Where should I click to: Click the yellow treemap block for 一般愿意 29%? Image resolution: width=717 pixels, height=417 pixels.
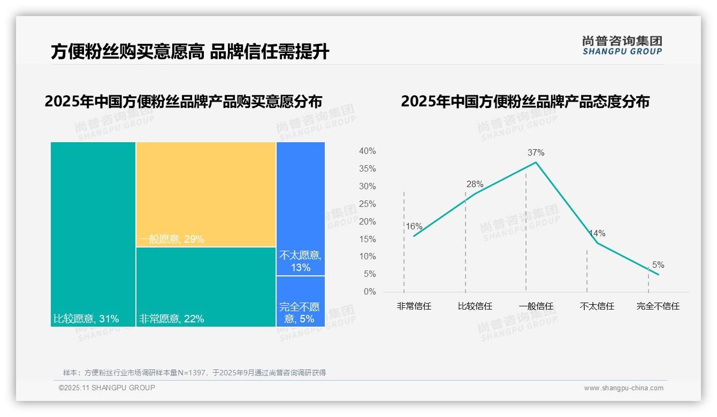[205, 194]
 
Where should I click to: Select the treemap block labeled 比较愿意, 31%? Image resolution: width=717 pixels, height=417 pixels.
[93, 234]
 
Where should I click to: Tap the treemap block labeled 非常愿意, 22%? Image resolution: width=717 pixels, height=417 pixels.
[205, 287]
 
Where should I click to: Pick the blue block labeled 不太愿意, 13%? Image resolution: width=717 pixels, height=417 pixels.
[301, 208]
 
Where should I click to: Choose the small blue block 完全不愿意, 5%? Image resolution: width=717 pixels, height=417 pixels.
[301, 302]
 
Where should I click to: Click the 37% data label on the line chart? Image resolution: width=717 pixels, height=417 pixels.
[536, 152]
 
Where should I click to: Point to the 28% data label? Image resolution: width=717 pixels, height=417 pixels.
[475, 184]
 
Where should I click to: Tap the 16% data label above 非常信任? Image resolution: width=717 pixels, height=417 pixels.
[414, 226]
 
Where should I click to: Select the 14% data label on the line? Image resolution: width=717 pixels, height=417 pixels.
[597, 234]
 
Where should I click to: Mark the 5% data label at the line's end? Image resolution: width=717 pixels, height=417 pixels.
[658, 265]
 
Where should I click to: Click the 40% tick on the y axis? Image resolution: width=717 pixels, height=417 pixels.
[367, 151]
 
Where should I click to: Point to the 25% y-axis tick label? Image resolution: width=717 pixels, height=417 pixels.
[367, 204]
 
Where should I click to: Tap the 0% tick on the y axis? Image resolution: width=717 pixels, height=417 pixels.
[369, 292]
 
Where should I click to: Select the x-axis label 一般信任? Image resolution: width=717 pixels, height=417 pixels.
[536, 306]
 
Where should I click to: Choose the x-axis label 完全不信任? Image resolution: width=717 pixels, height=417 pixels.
[658, 306]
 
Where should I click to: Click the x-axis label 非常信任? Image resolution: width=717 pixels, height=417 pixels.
[414, 306]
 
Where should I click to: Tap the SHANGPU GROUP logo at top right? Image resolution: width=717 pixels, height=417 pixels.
[622, 45]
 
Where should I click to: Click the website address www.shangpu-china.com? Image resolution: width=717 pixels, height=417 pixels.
[623, 388]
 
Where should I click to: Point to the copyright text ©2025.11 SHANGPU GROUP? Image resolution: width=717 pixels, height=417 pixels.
[107, 388]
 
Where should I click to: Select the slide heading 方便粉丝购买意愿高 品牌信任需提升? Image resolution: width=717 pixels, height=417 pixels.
[190, 52]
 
